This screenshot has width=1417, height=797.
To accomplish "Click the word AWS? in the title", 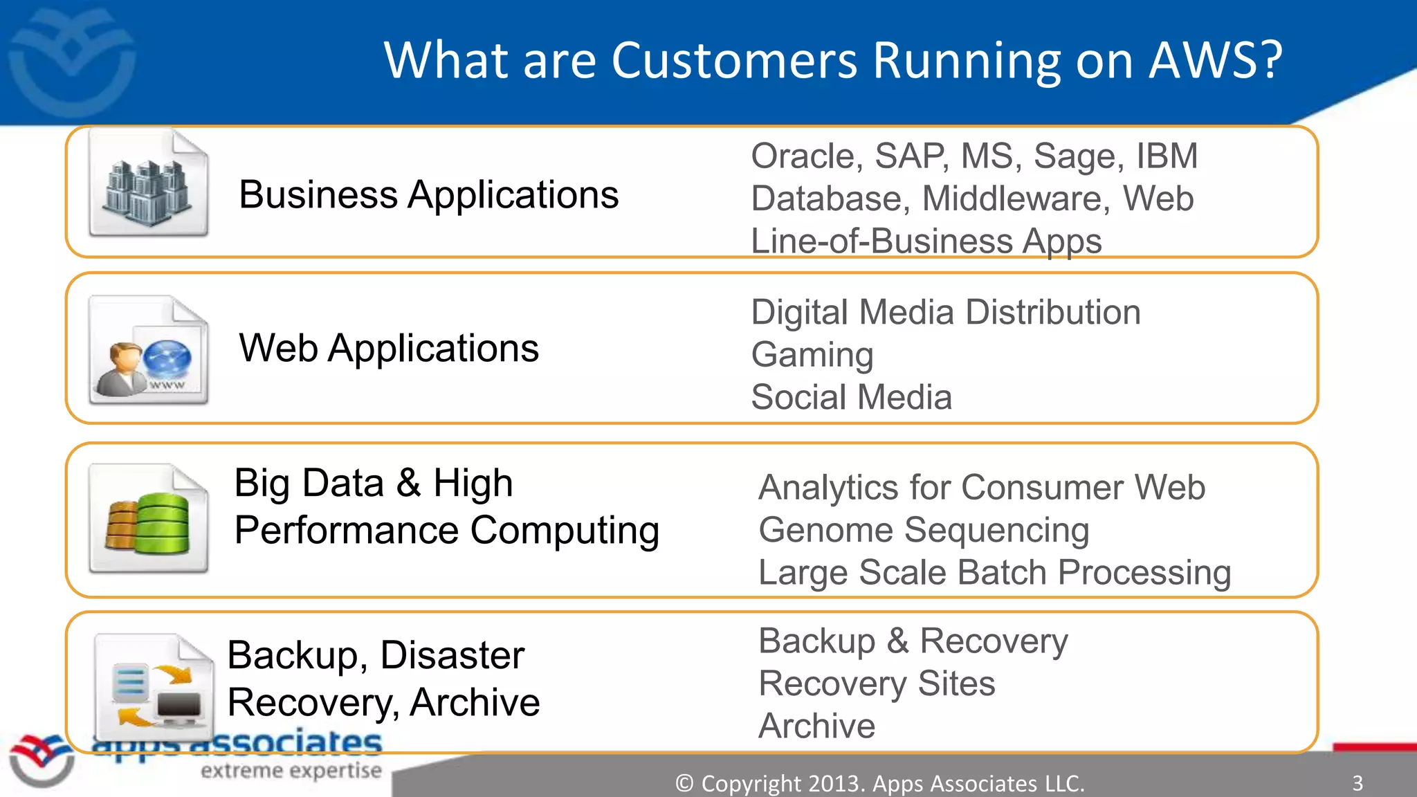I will (x=1216, y=61).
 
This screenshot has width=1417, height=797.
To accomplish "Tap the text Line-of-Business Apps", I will (x=926, y=241).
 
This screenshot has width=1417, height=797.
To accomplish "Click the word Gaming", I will (x=812, y=356).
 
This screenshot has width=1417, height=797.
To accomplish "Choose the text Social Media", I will (x=851, y=398).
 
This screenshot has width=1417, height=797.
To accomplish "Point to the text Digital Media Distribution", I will (x=945, y=313).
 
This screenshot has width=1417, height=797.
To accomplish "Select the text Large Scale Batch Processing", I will (x=994, y=573).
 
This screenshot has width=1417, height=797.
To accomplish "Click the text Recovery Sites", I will (x=876, y=684).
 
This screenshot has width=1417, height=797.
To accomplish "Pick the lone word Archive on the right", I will (x=816, y=726).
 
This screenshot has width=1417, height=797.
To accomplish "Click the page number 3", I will (x=1357, y=783).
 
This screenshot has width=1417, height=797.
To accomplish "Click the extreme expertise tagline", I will (x=291, y=771).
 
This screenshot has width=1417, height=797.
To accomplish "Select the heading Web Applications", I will (x=388, y=348).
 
